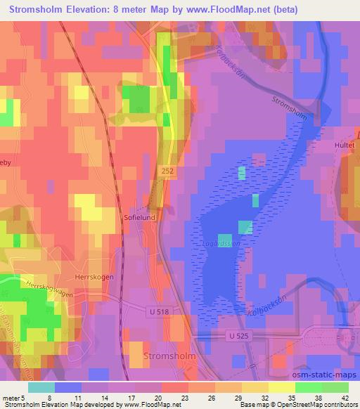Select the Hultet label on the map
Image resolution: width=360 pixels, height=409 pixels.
point(343,146)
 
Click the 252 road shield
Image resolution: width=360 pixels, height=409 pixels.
point(166,171)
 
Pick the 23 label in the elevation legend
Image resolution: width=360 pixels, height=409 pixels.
point(184,396)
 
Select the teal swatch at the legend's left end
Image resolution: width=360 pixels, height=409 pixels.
point(41,387)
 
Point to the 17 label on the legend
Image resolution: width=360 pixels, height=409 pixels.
point(130,396)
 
